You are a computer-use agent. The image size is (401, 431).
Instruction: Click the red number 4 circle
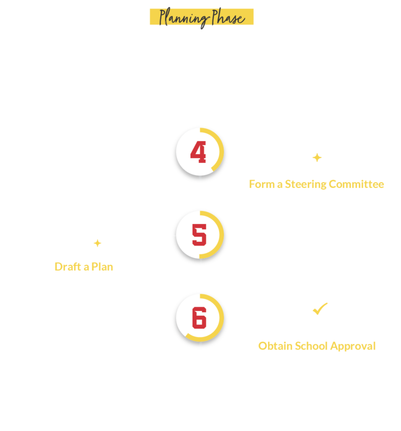(199, 152)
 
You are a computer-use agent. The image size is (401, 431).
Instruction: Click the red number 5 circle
(199, 235)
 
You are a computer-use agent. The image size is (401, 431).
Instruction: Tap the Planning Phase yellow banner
(201, 17)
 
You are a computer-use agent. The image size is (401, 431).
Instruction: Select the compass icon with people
(317, 152)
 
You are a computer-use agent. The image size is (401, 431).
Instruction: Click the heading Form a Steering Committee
(316, 184)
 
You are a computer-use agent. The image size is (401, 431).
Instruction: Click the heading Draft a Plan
(84, 267)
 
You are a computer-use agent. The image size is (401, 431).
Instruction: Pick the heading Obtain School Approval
(316, 346)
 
